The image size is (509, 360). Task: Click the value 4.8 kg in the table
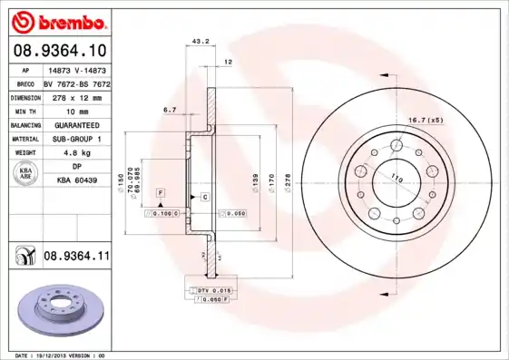(76, 153)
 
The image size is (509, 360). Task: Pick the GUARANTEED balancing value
(76, 125)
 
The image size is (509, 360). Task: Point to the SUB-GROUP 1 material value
(76, 139)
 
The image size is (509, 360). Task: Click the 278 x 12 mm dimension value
(76, 97)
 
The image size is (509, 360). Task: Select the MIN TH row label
(24, 112)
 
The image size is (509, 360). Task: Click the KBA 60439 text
(76, 180)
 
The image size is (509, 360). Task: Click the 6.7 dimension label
(170, 110)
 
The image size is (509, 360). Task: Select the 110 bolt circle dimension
(396, 178)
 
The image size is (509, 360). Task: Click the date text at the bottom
(54, 355)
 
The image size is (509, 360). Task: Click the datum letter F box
(160, 194)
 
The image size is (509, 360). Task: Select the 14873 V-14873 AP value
(76, 70)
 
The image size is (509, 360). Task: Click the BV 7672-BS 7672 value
(76, 83)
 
